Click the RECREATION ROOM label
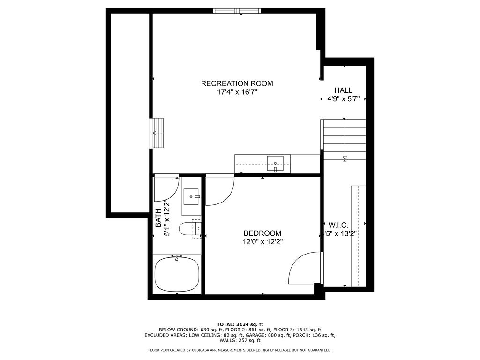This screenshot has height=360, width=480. (237, 83)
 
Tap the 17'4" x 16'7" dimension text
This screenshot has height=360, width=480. (237, 92)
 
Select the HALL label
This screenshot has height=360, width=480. (343, 90)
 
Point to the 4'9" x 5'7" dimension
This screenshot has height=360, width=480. (343, 99)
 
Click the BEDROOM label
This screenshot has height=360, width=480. (262, 233)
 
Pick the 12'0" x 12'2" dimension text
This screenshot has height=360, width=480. (262, 242)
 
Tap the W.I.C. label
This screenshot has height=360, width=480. (338, 225)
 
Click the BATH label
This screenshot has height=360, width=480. (158, 218)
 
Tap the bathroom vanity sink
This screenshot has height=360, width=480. (191, 196)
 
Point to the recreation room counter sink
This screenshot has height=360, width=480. (275, 164)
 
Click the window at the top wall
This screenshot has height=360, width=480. (237, 11)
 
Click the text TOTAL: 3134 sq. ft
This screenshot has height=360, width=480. (240, 324)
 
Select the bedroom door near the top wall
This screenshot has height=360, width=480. (219, 190)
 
